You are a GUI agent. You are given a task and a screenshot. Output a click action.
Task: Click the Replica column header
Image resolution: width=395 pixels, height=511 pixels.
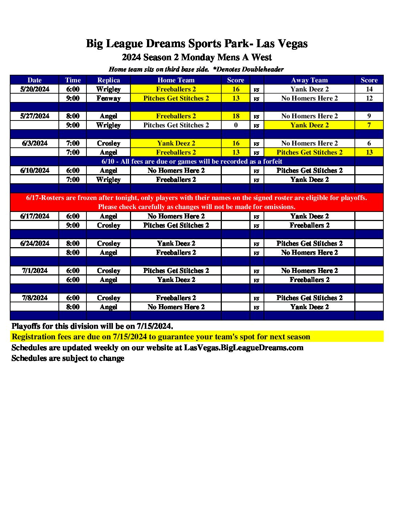click(109, 80)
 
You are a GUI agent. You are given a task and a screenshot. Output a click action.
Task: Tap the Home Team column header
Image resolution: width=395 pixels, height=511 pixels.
click(176, 80)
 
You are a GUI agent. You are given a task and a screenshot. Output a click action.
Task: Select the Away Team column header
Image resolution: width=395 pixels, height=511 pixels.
click(309, 80)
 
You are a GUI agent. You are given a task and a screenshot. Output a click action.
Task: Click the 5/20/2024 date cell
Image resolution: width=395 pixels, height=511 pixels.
click(35, 89)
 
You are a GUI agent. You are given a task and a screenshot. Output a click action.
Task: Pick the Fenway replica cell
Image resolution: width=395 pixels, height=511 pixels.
click(109, 98)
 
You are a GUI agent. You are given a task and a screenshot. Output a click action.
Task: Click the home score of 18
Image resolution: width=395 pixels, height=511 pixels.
click(236, 116)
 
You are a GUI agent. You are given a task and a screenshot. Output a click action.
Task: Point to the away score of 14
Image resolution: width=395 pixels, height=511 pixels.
click(369, 89)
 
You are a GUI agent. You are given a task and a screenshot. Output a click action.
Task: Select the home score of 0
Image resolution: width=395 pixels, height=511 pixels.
click(236, 125)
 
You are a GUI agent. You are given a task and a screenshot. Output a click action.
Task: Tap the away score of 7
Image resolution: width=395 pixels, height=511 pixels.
click(369, 125)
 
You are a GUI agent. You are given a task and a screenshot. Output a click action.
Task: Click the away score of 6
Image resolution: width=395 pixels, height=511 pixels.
click(369, 143)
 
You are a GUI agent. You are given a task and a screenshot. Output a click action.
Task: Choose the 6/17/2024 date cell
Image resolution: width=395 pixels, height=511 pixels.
click(35, 216)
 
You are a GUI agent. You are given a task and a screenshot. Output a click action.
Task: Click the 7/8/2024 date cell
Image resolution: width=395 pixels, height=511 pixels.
click(35, 298)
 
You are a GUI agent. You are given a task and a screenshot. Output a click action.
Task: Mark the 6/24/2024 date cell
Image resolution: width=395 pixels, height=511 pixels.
click(35, 244)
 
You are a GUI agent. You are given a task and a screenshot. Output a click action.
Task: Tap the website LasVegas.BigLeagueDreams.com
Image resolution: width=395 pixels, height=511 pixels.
click(244, 348)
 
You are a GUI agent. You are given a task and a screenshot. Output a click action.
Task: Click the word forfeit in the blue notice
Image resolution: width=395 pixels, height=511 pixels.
click(272, 162)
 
